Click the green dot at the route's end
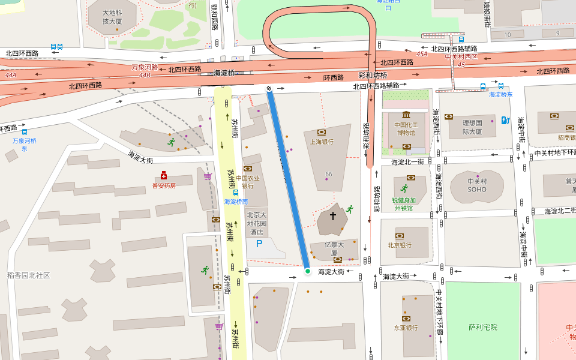coord(308,271)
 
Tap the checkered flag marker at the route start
coord(269,89)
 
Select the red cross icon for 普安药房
coord(163,175)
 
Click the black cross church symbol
coord(333,215)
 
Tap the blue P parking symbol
coord(259,244)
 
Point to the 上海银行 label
coord(322,142)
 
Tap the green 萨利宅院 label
coord(483,327)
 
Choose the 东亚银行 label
coord(406,328)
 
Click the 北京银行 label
coord(400,245)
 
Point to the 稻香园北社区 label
coord(28,275)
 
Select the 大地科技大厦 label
coord(112,17)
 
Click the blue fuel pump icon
coord(505,121)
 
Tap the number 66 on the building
coord(328,174)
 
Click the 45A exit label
coord(422,54)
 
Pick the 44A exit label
coord(11,76)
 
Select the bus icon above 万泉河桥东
coord(25,131)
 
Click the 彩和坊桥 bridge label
coord(373,75)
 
